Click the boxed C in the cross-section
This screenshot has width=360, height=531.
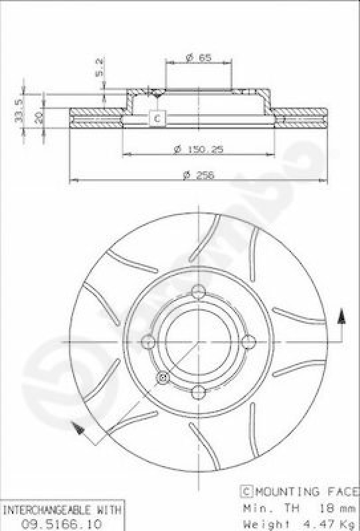[157, 118]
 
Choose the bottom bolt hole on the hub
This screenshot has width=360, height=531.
[199, 393]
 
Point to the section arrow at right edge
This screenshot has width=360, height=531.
[341, 318]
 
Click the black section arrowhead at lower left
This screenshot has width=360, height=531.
[80, 431]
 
